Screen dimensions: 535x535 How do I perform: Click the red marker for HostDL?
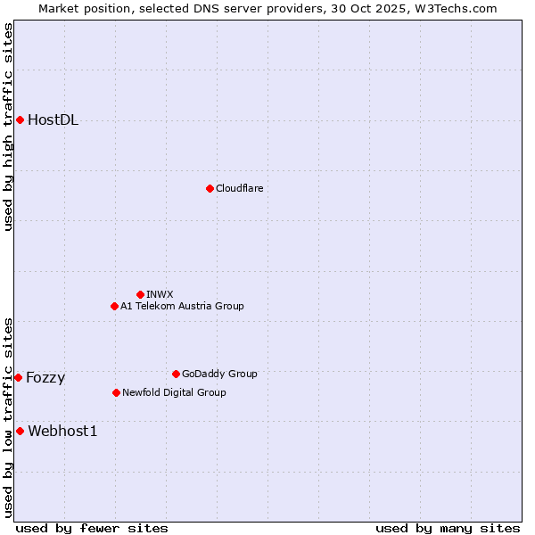click(20, 119)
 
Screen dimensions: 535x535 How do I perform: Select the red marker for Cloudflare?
click(210, 188)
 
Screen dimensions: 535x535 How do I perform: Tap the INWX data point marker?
click(140, 294)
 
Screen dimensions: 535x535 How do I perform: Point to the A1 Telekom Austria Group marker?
click(114, 306)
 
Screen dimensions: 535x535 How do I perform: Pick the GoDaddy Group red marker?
click(176, 374)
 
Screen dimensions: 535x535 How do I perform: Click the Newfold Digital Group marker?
click(116, 392)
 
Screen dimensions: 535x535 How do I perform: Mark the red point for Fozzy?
click(18, 377)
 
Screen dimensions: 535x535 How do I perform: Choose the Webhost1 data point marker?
click(20, 431)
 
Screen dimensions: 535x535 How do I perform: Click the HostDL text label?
click(53, 120)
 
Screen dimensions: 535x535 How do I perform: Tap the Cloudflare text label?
click(239, 188)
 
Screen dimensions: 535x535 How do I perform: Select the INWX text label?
click(160, 294)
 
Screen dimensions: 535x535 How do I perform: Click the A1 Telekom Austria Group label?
click(182, 306)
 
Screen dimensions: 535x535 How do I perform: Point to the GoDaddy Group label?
click(219, 374)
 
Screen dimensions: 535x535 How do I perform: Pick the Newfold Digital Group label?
click(174, 392)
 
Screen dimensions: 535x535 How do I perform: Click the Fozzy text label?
click(45, 378)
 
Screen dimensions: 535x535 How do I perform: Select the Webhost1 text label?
click(62, 432)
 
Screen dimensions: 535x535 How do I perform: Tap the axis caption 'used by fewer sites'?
click(92, 528)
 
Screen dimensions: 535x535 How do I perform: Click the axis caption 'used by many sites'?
click(448, 528)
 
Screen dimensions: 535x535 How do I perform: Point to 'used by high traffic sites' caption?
click(8, 127)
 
